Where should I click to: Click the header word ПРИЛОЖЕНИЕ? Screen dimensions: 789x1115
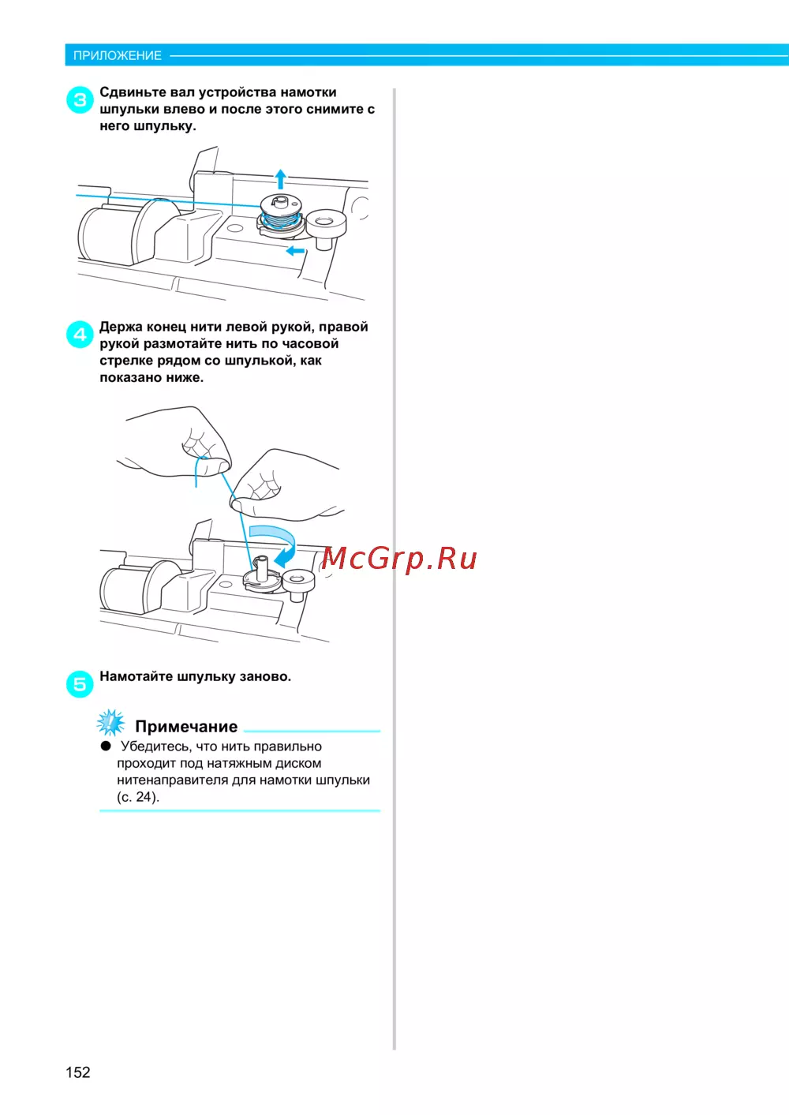coord(118,55)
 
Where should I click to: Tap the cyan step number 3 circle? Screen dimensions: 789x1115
coord(80,99)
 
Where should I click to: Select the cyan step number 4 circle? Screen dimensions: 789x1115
coord(80,335)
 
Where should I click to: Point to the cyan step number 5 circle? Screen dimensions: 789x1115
coord(80,684)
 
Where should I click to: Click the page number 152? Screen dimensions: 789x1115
coord(77,1072)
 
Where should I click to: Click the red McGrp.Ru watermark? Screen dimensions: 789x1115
coord(399,559)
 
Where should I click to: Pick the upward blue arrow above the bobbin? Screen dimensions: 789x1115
coord(281,179)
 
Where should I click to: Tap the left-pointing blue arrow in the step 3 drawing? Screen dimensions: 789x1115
coord(295,250)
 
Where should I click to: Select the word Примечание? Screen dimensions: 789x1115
coord(186,727)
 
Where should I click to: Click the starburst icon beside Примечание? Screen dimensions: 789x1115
coord(110,723)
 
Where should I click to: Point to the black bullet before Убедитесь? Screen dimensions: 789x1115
coord(106,746)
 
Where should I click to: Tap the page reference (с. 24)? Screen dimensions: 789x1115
coord(138,797)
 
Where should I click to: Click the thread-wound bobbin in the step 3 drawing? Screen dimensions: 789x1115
coord(280,213)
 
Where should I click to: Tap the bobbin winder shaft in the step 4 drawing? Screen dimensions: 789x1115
coord(262,568)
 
